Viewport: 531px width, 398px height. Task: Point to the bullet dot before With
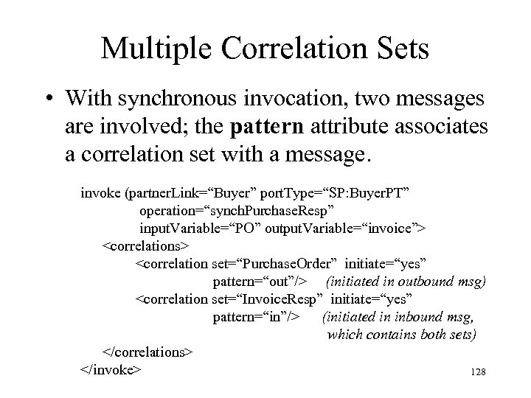[49, 99]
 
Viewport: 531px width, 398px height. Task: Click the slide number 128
[476, 373]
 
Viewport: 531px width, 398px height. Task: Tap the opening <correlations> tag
[145, 243]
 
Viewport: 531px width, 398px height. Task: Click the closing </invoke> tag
[111, 369]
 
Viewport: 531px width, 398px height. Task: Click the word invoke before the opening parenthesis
[102, 192]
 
